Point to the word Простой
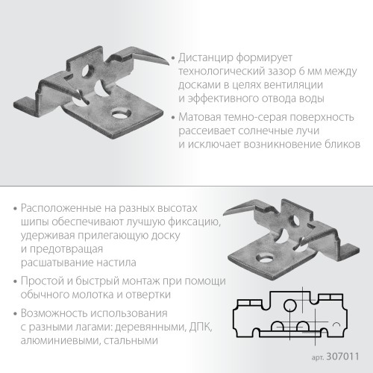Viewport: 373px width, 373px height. [x=44, y=280]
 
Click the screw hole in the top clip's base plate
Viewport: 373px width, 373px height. [x=116, y=113]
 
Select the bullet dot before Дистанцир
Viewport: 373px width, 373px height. [x=174, y=57]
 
